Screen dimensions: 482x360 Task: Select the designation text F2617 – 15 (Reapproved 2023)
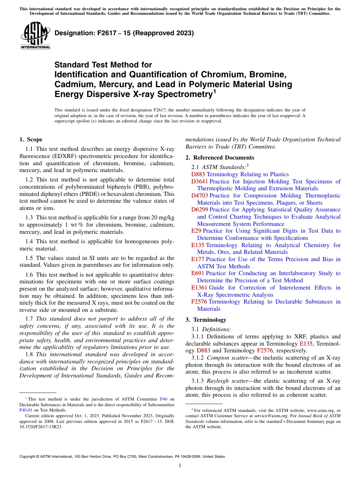tap(124, 33)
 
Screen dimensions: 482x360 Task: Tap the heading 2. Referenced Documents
tap(220, 158)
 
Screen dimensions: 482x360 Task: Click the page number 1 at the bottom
tap(180, 465)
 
